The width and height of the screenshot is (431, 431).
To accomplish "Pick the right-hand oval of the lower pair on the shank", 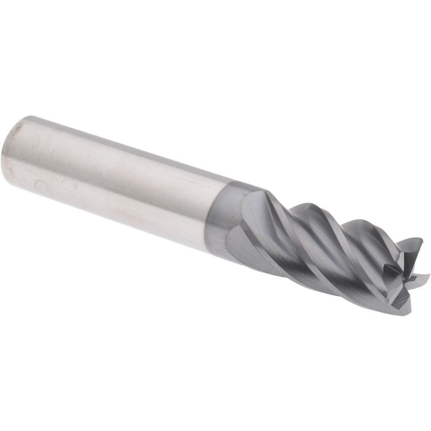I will (x=69, y=185).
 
